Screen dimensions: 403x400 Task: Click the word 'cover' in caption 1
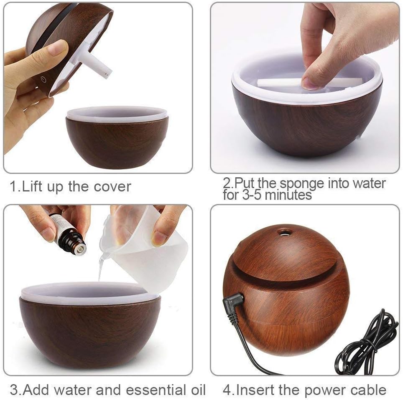click(112, 187)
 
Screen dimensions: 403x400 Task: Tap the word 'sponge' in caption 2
click(302, 184)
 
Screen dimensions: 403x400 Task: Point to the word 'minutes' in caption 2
click(288, 195)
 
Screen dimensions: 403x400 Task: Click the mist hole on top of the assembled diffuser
click(284, 232)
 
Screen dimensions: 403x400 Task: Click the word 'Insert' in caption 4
click(255, 390)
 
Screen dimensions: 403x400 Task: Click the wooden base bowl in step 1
click(117, 142)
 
